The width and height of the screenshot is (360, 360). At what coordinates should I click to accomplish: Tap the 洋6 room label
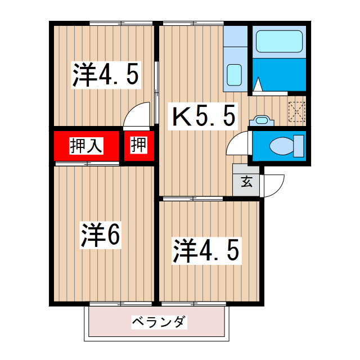click(100, 236)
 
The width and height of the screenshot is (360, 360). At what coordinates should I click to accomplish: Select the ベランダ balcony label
click(159, 322)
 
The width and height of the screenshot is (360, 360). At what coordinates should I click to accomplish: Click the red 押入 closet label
click(86, 146)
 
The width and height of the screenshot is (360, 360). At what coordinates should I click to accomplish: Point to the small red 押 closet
click(138, 146)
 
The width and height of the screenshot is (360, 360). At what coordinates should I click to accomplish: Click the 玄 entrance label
click(246, 181)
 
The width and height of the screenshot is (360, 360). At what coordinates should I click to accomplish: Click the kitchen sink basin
click(234, 74)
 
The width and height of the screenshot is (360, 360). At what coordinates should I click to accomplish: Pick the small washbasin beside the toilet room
click(261, 119)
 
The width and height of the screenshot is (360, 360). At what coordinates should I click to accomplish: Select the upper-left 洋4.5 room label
click(105, 75)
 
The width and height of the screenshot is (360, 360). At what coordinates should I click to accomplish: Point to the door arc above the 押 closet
click(137, 115)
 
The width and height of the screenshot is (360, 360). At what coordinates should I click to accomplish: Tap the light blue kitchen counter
click(235, 56)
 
